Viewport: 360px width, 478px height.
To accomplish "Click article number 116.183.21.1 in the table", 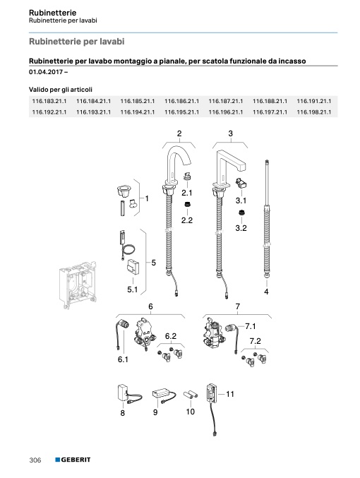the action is coord(49,101).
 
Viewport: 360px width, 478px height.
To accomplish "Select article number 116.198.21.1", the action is coord(314,112).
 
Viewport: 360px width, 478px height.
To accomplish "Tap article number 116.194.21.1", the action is coord(138,112).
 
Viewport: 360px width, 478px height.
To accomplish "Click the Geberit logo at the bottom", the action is coord(73,460).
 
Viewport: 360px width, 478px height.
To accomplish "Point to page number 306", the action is coord(35,460).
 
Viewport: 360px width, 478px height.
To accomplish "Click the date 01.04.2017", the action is coord(46,72).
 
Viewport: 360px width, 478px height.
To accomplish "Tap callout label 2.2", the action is coord(187,220).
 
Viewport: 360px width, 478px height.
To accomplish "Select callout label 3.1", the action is coord(241,201).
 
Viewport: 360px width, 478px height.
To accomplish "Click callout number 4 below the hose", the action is coord(266,292).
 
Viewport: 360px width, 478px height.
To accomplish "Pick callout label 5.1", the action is coord(132,289).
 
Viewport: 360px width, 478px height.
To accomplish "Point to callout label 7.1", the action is coord(251,326).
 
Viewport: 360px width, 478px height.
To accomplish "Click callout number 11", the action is coord(230,394).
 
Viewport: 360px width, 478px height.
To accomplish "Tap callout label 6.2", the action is coord(171,336).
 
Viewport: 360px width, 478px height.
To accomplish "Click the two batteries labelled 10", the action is coord(191,395).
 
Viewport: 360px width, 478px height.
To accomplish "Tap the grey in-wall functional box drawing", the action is coord(78,285).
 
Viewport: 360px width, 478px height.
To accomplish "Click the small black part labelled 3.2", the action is coord(242,213).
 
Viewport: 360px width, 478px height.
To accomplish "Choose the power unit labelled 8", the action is coord(123,393).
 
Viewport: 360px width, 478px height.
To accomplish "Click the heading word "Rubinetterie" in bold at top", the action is coord(52,13).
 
